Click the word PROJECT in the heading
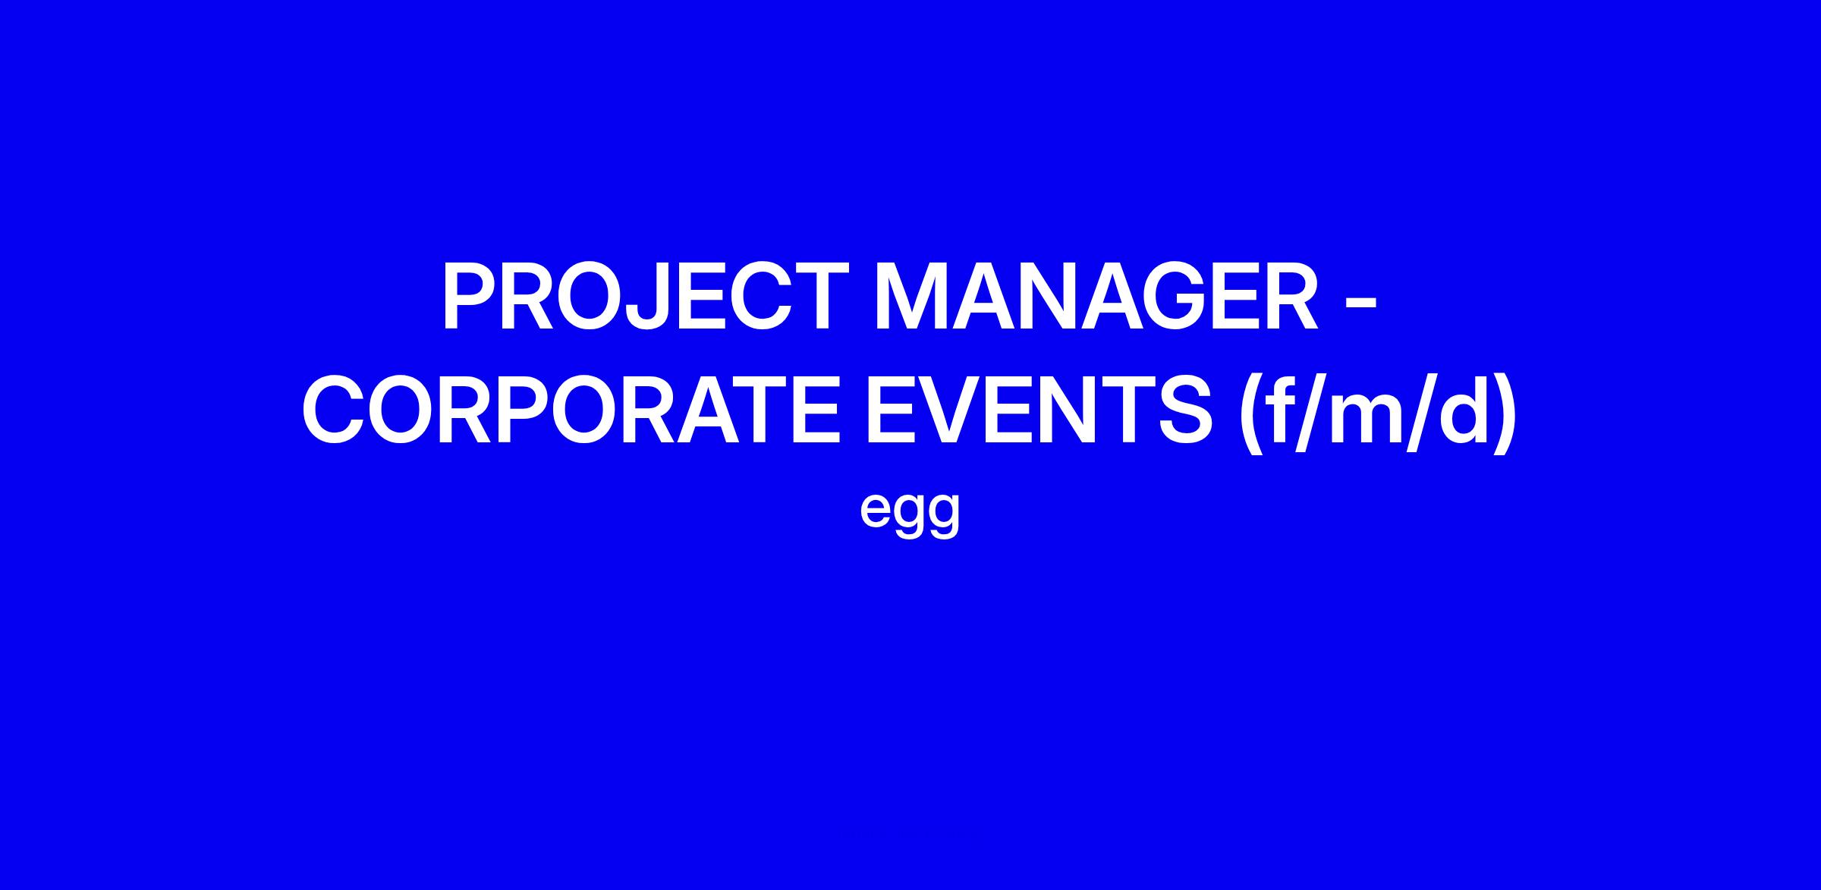coord(645,297)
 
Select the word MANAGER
coord(1097,297)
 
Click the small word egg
coord(910,511)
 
